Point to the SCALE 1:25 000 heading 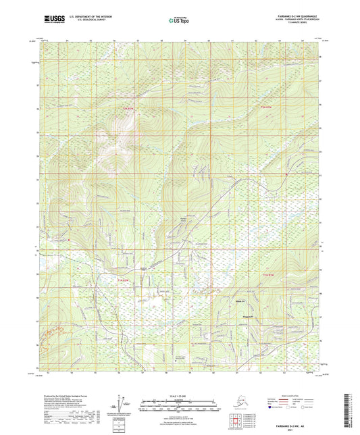point(179,396)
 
